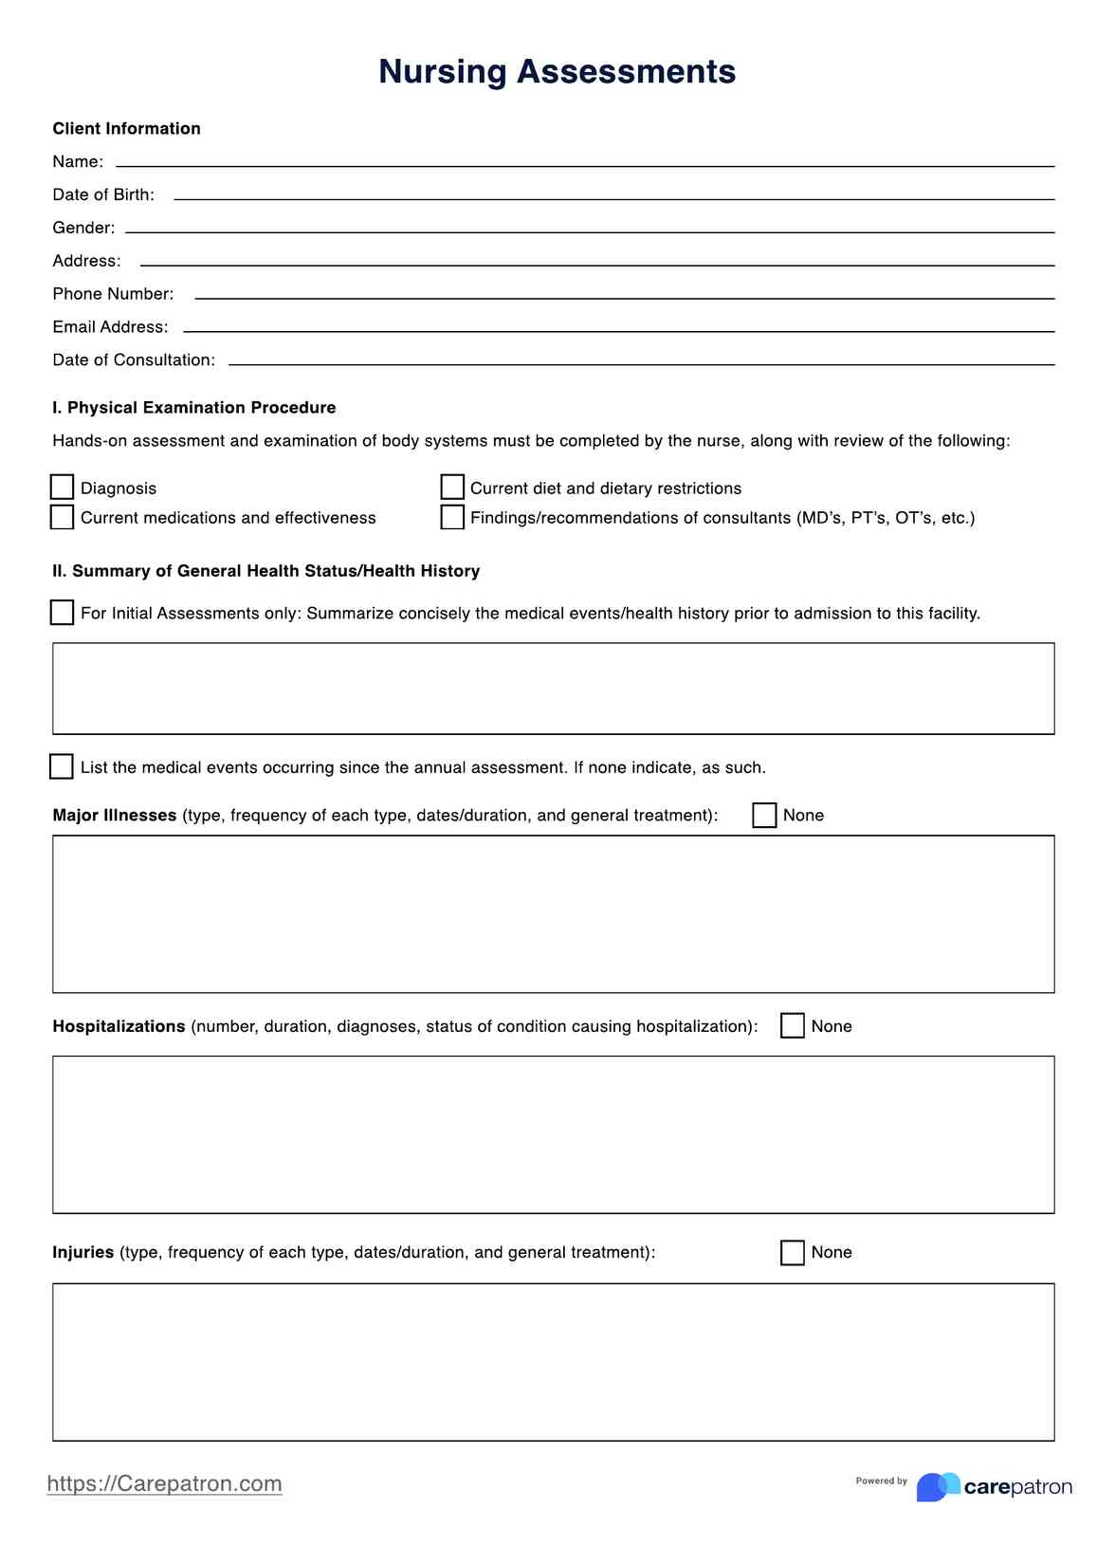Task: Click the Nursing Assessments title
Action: click(x=557, y=72)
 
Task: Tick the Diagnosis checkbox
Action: click(x=62, y=488)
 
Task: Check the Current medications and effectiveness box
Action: click(x=62, y=517)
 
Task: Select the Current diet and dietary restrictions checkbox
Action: click(x=452, y=488)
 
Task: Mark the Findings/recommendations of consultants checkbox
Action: click(x=452, y=517)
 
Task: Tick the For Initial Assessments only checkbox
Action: click(x=62, y=613)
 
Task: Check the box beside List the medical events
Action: click(x=62, y=766)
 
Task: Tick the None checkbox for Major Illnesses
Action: click(x=764, y=816)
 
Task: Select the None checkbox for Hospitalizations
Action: click(x=793, y=1026)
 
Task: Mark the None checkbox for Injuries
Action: click(x=793, y=1253)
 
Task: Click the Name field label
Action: click(x=78, y=162)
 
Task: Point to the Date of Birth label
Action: click(x=103, y=195)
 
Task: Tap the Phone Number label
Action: click(x=113, y=294)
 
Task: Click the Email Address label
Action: click(x=110, y=327)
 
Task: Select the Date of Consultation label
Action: click(x=134, y=360)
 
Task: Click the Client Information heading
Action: click(x=126, y=129)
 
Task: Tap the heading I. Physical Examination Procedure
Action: click(x=193, y=408)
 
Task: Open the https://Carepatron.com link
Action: click(x=164, y=1483)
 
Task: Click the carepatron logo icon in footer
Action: click(x=938, y=1486)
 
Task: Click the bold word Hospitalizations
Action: click(x=119, y=1026)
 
